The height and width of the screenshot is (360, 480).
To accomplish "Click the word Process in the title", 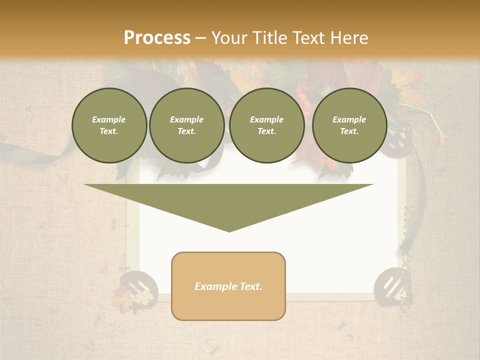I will coord(157,37).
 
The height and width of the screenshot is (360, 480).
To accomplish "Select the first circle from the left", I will coord(109,125).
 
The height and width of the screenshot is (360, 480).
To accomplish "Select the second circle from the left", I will coord(187,125).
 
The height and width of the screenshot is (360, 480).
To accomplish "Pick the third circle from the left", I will coord(266,125).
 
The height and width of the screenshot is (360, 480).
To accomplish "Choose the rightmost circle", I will coord(349,125).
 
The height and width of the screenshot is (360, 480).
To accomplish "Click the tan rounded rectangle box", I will coord(228,286).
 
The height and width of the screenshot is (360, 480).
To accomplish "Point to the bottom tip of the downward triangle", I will coord(229,231).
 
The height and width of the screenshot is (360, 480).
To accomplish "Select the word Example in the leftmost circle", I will coord(109,119).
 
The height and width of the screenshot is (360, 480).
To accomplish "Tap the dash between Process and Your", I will coord(200,38).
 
